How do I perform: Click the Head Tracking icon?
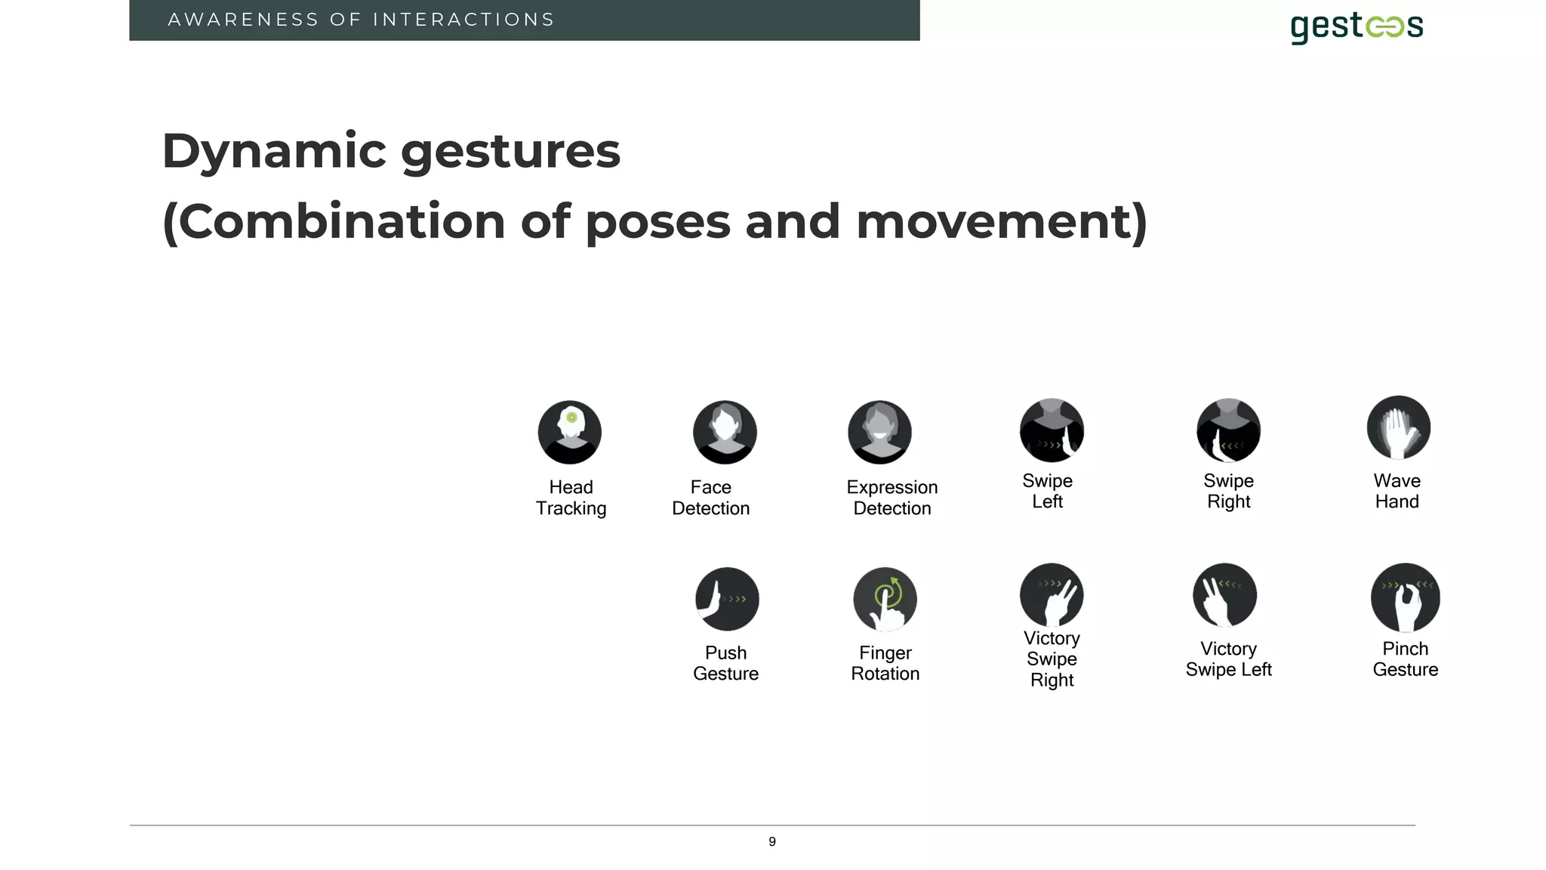tap(570, 432)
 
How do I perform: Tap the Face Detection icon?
tap(725, 432)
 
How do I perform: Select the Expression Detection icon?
tap(879, 432)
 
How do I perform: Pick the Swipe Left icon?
tap(1052, 430)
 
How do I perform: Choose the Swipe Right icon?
tap(1228, 430)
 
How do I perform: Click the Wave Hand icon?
tap(1398, 427)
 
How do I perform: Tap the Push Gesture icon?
tap(727, 599)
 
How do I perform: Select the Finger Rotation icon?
tap(885, 599)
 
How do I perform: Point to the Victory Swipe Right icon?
tap(1052, 595)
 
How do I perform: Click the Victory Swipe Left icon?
tap(1224, 595)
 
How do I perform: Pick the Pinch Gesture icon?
tap(1405, 597)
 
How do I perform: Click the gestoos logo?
tap(1357, 27)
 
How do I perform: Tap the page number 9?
tap(772, 841)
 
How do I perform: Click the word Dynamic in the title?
tap(274, 151)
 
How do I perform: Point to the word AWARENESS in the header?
tap(243, 20)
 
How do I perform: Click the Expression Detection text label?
tap(892, 498)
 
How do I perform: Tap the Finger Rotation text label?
tap(885, 663)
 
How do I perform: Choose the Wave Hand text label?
tap(1397, 491)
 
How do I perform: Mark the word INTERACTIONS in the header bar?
tap(463, 20)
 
